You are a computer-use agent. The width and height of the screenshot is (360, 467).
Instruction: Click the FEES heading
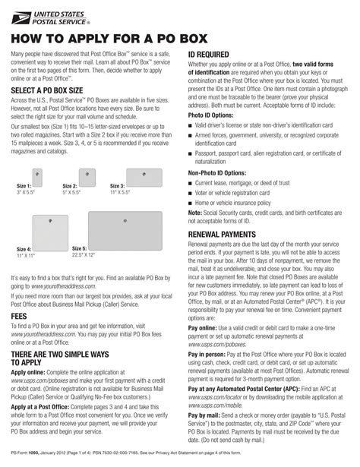(21, 314)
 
